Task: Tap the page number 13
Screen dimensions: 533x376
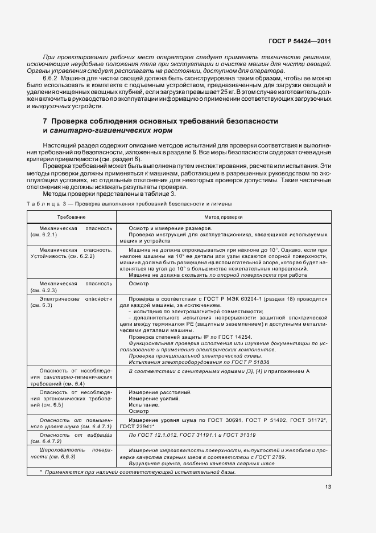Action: pos(328,487)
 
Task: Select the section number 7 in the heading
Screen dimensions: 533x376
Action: pos(46,121)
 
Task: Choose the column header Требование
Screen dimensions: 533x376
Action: pos(71,218)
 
